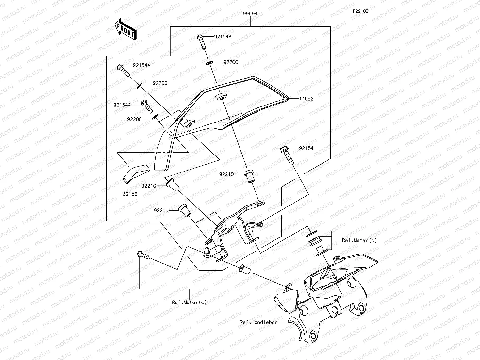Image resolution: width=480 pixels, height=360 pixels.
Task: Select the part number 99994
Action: pyautogui.click(x=250, y=14)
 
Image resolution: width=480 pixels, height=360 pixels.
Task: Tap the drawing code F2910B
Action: pyautogui.click(x=360, y=11)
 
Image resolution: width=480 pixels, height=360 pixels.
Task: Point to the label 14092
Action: pyautogui.click(x=305, y=99)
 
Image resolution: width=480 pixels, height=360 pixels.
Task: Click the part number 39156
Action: pyautogui.click(x=130, y=194)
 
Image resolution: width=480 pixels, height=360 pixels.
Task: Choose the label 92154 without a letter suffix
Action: pyautogui.click(x=306, y=148)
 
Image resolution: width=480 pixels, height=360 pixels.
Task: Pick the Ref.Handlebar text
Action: pyautogui.click(x=258, y=322)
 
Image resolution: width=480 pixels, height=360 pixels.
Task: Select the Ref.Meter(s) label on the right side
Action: pyautogui.click(x=359, y=240)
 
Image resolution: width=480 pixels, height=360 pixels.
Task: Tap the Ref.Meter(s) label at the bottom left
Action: pyautogui.click(x=189, y=302)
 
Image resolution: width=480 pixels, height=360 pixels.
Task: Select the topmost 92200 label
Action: pyautogui.click(x=231, y=62)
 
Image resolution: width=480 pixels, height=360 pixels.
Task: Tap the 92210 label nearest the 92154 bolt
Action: pyautogui.click(x=226, y=174)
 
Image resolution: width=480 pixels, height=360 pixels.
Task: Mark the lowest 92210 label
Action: pyautogui.click(x=161, y=210)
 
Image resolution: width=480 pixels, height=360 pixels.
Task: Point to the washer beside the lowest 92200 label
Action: pyautogui.click(x=156, y=116)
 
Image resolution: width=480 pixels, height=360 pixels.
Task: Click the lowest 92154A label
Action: pyautogui.click(x=122, y=105)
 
